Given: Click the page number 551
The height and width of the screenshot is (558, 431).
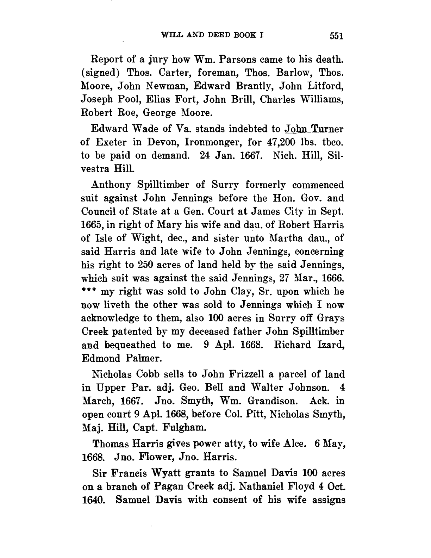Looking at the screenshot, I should point(336,36).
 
